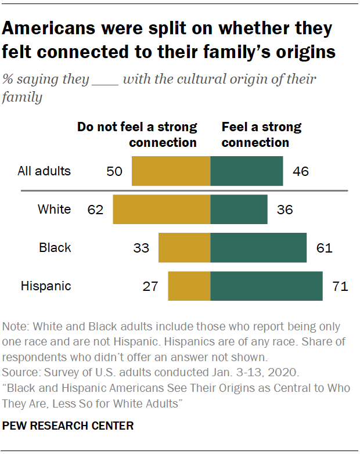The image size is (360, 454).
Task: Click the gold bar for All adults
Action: (171, 171)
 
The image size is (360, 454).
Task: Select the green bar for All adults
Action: (247, 171)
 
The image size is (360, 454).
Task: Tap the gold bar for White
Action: (161, 210)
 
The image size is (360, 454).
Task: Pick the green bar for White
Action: (239, 210)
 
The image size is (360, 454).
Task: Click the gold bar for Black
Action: (184, 248)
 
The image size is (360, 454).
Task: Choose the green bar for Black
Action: (258, 248)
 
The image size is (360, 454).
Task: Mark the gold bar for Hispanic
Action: (189, 286)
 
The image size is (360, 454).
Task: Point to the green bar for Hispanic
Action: (267, 286)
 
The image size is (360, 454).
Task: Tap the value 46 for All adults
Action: (301, 171)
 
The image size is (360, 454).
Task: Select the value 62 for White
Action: (96, 210)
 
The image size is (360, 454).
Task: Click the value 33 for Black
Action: (142, 248)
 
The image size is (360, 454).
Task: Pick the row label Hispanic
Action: (46, 286)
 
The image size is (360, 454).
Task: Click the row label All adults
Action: (44, 171)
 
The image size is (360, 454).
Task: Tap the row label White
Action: (54, 210)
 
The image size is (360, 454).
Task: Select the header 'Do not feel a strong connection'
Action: (137, 135)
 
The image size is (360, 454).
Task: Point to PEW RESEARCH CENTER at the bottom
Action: (68, 426)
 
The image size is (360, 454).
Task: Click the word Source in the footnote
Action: (19, 372)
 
